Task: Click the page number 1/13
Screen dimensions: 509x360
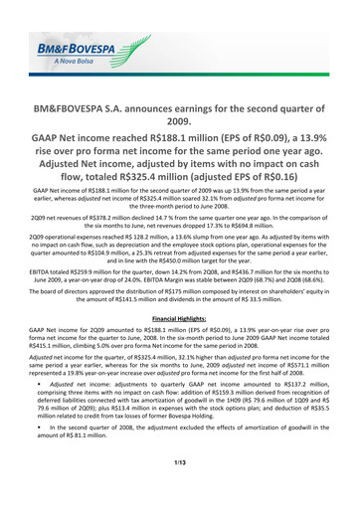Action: pos(180,484)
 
